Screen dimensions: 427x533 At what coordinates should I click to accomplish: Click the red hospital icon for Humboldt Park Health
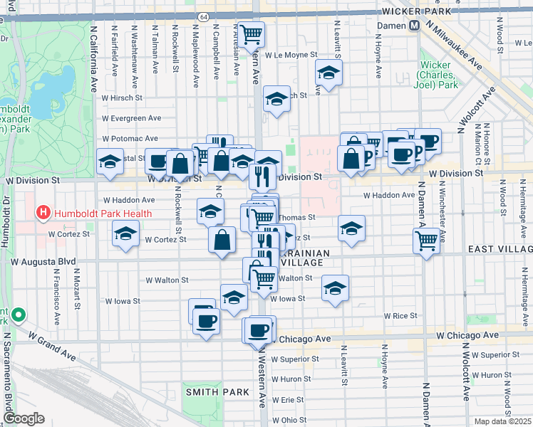(x=44, y=213)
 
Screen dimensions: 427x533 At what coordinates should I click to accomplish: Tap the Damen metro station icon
(x=413, y=26)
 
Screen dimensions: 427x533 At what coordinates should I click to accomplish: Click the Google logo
(x=24, y=418)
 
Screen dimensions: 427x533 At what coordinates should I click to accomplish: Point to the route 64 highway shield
(x=203, y=16)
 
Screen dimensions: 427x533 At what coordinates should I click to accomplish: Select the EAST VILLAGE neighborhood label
(x=500, y=249)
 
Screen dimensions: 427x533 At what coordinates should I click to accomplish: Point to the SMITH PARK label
(x=217, y=392)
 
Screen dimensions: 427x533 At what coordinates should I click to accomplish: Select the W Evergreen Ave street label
(x=131, y=118)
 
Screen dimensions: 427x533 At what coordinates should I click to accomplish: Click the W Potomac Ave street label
(x=130, y=138)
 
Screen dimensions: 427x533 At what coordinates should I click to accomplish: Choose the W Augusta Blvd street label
(x=52, y=263)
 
